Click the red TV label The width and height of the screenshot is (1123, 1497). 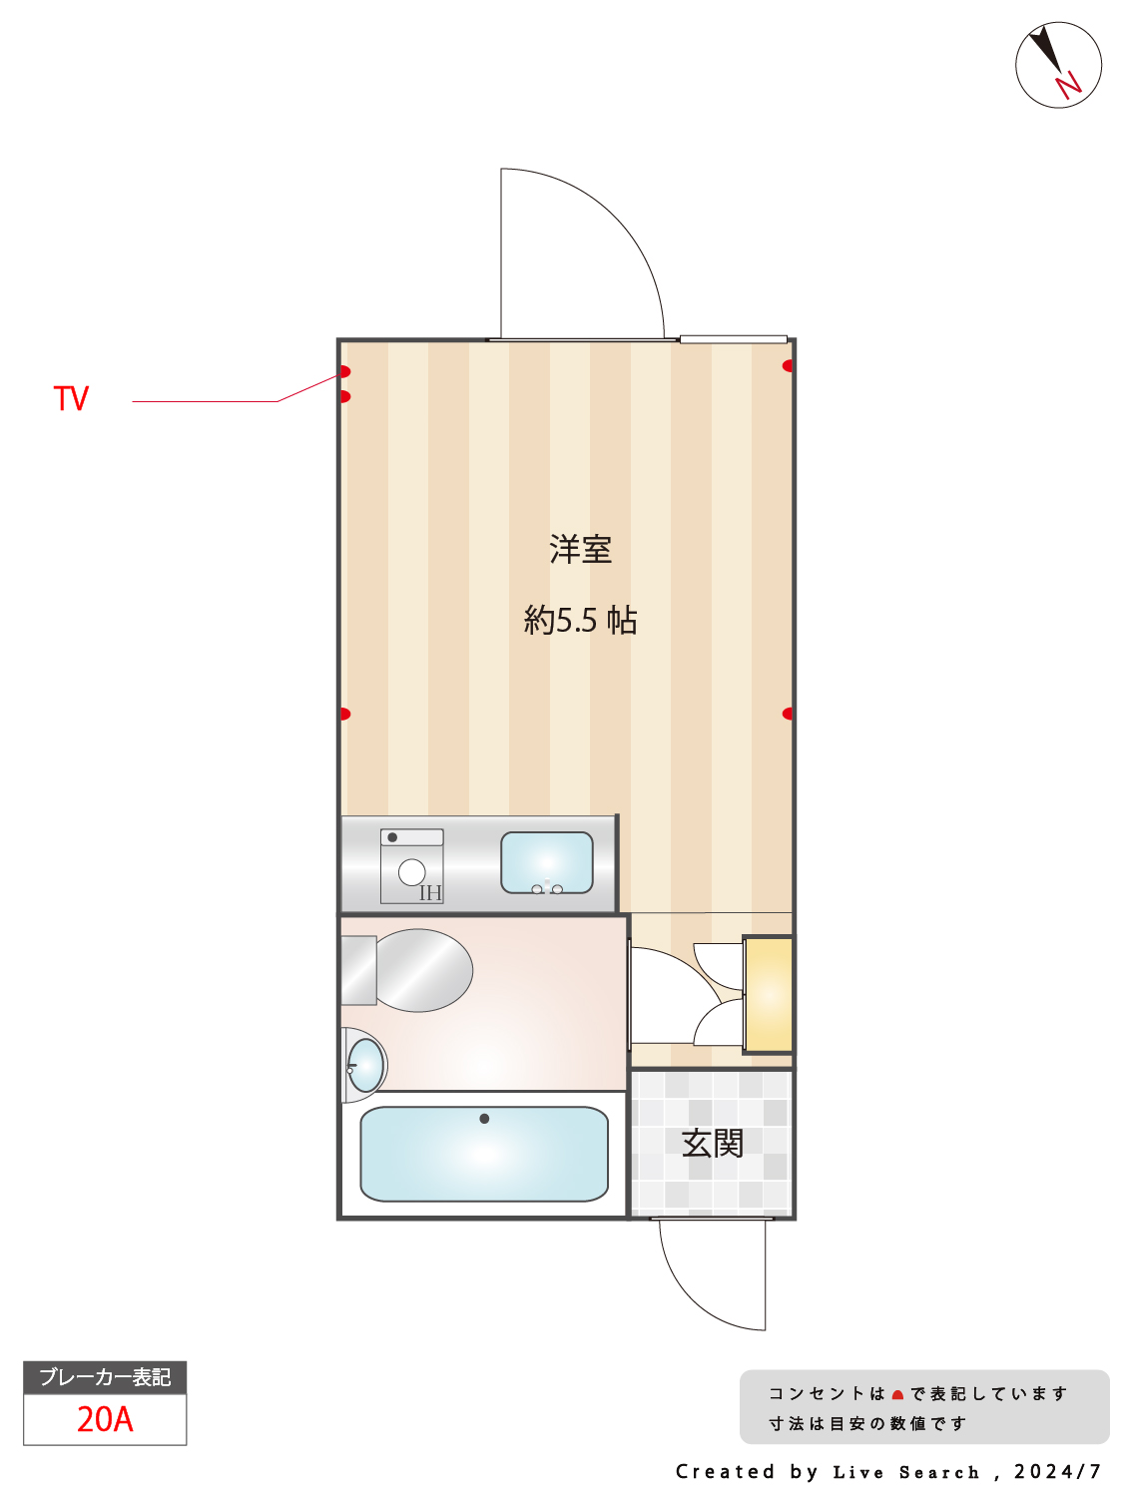pyautogui.click(x=71, y=397)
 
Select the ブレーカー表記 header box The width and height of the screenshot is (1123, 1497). pyautogui.click(x=105, y=1377)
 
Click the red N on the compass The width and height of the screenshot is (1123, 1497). pyautogui.click(x=1068, y=85)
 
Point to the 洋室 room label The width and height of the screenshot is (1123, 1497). pyautogui.click(x=580, y=549)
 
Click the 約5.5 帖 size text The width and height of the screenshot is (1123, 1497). pyautogui.click(x=580, y=620)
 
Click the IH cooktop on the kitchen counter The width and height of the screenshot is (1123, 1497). pyautogui.click(x=411, y=866)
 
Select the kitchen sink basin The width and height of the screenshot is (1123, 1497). pyautogui.click(x=546, y=862)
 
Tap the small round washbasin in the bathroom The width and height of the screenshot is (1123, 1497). pyautogui.click(x=365, y=1065)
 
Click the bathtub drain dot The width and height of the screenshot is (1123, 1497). pyautogui.click(x=484, y=1119)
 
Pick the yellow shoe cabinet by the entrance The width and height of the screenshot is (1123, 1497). pyautogui.click(x=768, y=994)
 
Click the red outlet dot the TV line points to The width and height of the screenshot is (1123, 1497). pyautogui.click(x=345, y=371)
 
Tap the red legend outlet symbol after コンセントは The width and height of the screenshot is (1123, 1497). pyautogui.click(x=897, y=1395)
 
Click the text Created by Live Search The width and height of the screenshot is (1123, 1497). pyautogui.click(x=828, y=1472)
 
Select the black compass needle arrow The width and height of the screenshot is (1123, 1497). pyautogui.click(x=1045, y=49)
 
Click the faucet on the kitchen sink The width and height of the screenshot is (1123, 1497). pyautogui.click(x=547, y=886)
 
